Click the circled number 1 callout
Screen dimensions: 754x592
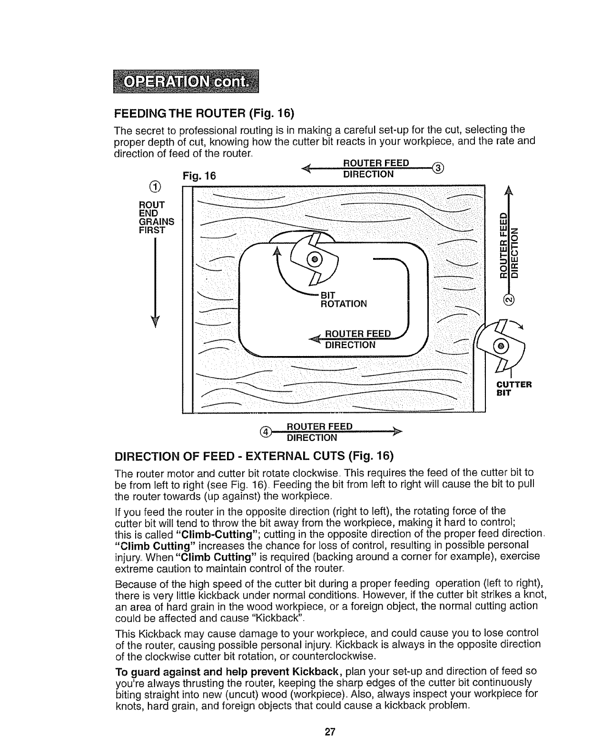(153, 185)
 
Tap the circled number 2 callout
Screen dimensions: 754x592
(509, 299)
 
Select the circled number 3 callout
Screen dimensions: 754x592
(439, 168)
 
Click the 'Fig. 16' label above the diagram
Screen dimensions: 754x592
(199, 176)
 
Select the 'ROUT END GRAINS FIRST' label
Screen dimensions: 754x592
(156, 218)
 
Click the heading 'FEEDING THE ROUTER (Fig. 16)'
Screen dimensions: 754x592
(205, 114)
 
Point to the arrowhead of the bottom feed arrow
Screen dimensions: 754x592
(397, 432)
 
